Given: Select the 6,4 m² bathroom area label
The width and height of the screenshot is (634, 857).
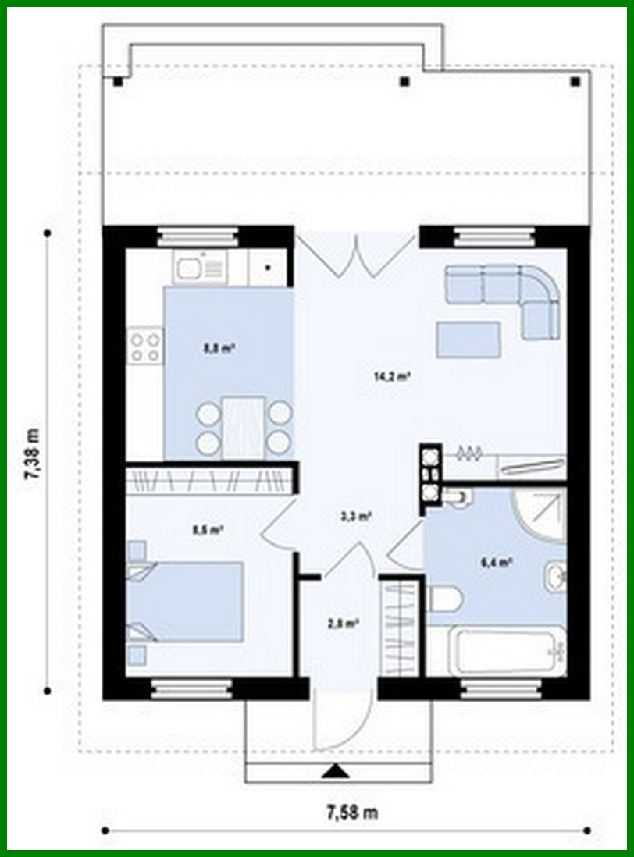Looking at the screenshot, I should [x=497, y=560].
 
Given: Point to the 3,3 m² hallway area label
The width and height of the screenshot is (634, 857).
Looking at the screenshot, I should [x=355, y=515].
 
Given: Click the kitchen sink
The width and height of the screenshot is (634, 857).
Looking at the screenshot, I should [x=190, y=270].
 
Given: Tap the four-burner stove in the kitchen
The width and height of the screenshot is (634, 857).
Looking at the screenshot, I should [x=146, y=346].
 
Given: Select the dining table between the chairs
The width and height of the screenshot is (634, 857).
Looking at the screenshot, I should [x=243, y=428].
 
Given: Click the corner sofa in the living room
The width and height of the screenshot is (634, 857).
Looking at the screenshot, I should [x=508, y=293].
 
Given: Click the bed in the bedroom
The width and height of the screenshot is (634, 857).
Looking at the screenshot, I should [x=191, y=601].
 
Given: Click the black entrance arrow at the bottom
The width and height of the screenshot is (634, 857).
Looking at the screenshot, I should [x=337, y=771].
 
